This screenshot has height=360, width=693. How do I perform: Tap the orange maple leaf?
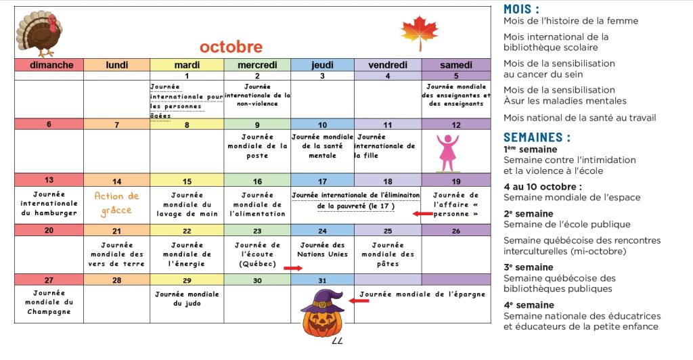[x=419, y=32]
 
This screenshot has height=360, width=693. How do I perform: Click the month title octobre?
[x=231, y=47]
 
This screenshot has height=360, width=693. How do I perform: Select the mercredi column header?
[x=257, y=65]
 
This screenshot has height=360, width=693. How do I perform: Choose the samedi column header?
[x=456, y=65]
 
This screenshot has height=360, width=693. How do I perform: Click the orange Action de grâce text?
[x=116, y=203]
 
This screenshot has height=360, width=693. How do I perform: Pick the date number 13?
[x=49, y=181]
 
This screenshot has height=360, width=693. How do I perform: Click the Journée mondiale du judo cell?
[x=187, y=298]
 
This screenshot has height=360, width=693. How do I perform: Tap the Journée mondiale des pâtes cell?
[x=388, y=254]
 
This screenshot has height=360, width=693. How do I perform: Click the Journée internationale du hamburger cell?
[x=49, y=203]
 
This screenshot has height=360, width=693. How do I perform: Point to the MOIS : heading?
[x=522, y=9]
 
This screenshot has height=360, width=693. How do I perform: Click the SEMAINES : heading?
[x=537, y=137]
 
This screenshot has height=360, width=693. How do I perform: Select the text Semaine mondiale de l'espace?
[x=571, y=198]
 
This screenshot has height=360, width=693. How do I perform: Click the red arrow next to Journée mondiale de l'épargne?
[x=359, y=300]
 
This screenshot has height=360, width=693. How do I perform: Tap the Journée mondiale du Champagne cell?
[x=49, y=302]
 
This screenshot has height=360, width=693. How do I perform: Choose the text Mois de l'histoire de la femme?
[x=571, y=21]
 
